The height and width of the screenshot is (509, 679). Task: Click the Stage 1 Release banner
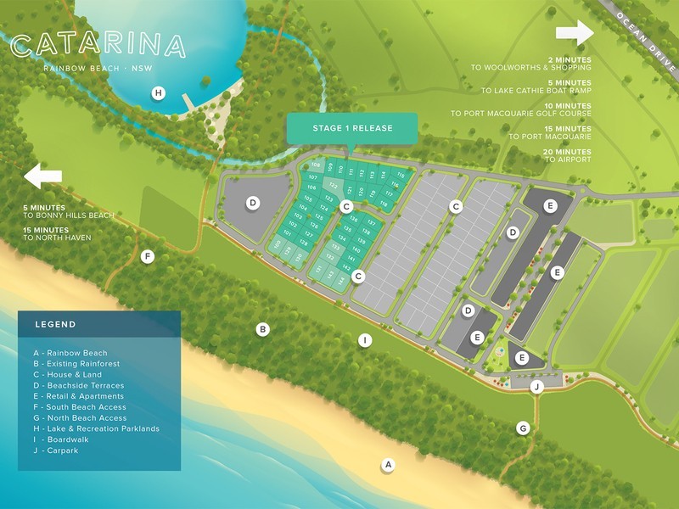(352, 128)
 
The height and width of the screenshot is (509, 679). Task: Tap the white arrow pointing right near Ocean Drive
(575, 34)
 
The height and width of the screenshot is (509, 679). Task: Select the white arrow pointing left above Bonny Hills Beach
(43, 176)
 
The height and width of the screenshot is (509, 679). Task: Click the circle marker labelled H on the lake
(158, 93)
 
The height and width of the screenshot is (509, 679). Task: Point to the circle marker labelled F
(148, 256)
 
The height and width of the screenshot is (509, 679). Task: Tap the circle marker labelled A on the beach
(388, 464)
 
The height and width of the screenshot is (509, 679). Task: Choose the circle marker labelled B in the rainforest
(263, 329)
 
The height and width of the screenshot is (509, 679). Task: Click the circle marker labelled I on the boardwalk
(365, 340)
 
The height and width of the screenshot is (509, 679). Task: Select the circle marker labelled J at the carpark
(536, 387)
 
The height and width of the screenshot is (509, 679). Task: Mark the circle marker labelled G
(524, 428)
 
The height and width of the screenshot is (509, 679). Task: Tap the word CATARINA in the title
(98, 45)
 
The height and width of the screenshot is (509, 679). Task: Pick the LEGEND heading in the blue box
(55, 324)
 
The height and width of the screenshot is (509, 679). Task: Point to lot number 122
(334, 187)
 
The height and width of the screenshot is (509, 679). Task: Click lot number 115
(400, 176)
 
